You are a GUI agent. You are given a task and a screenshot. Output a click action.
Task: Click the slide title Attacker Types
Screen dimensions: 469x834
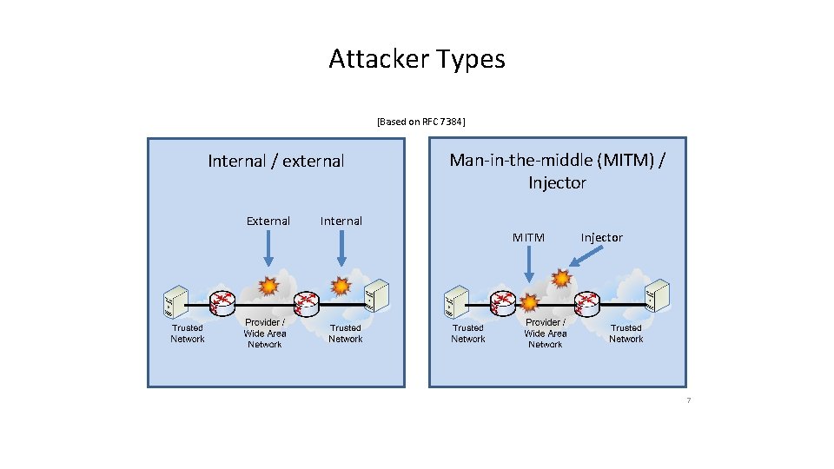417,59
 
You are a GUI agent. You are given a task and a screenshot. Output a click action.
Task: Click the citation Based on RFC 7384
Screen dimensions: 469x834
420,122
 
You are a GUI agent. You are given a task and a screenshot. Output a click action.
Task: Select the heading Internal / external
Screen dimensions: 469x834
275,161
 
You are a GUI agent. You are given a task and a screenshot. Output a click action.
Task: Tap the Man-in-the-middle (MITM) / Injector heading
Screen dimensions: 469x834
557,171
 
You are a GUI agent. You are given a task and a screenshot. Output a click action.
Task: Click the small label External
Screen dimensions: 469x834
268,221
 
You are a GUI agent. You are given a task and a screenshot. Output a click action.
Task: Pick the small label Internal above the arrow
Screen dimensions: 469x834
341,221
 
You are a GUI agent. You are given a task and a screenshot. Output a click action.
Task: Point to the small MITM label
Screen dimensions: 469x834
528,237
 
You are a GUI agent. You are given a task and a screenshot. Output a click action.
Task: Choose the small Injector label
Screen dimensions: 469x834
601,237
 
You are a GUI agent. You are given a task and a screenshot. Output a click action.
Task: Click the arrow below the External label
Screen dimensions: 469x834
268,250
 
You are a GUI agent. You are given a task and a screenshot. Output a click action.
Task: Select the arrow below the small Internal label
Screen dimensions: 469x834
341,250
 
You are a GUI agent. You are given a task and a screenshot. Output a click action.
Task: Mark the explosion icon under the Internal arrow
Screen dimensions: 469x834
341,285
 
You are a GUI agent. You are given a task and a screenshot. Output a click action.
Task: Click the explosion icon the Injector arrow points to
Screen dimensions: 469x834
562,279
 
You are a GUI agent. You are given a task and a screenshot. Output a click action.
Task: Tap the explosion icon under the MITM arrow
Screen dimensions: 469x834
529,301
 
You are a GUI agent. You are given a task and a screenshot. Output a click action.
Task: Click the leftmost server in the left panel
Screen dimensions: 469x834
176,301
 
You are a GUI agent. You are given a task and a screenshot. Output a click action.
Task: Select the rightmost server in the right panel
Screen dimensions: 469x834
659,296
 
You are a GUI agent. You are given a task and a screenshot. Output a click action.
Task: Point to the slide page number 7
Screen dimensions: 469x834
688,400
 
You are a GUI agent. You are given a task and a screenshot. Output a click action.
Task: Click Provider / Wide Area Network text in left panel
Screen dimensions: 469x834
264,334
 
